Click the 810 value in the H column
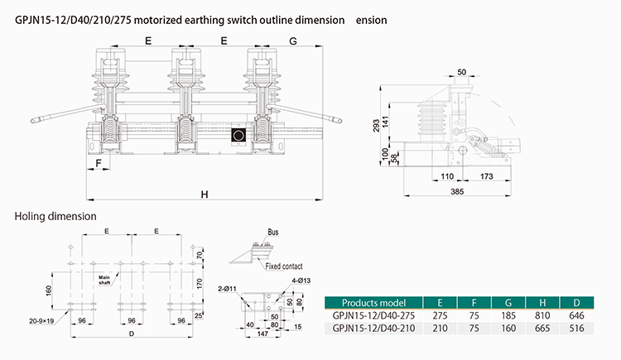click(542, 315)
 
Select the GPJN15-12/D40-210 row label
click(373, 329)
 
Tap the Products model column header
click(373, 303)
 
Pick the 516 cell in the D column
click(576, 329)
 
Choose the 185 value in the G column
click(508, 315)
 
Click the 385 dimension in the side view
click(457, 192)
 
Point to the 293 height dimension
click(376, 125)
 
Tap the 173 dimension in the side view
click(486, 176)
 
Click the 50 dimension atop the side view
click(462, 72)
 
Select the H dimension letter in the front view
click(205, 194)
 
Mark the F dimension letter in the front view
click(99, 163)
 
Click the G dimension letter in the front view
click(293, 41)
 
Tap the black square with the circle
click(238, 135)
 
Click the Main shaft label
click(104, 280)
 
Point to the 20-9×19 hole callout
click(41, 321)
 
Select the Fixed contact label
click(284, 266)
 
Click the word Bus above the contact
click(273, 232)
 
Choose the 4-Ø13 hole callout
click(301, 281)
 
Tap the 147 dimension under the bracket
click(262, 334)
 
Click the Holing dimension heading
click(55, 216)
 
